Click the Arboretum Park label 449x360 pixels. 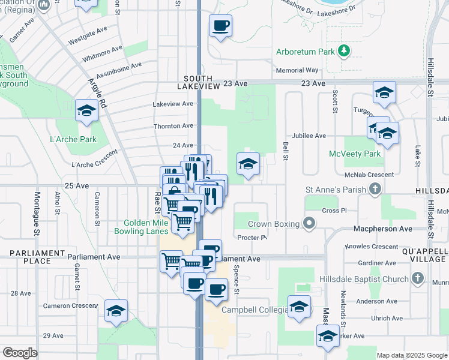coord(305,52)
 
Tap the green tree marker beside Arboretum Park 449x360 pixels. coord(344,51)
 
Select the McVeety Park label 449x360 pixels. coord(355,154)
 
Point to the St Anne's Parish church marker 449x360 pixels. coord(375,190)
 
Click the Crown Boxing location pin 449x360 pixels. coord(309,224)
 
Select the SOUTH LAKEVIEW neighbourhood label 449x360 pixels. coord(198,83)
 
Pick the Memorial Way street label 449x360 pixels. coord(297,70)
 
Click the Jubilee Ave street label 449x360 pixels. coord(309,136)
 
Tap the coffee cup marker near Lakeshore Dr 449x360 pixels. coord(220,26)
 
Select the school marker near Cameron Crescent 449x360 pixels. coord(116,311)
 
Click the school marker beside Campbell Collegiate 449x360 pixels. coord(299,307)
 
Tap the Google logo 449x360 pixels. coord(20,353)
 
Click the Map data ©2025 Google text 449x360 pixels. coord(412,355)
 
